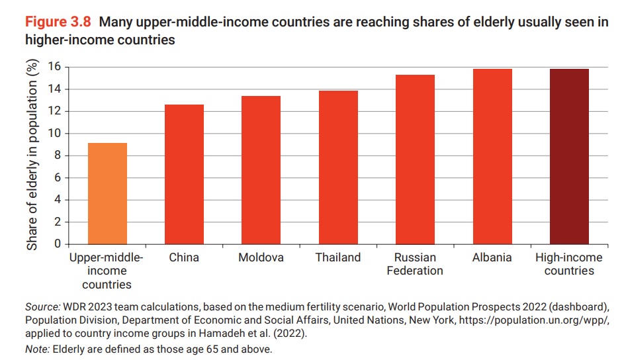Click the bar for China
(184, 175)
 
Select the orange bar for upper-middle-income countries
(107, 193)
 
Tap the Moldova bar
(261, 170)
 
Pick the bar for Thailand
(338, 167)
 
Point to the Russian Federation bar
(415, 159)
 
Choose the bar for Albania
(492, 157)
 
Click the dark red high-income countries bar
(568, 157)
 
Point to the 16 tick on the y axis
(54, 67)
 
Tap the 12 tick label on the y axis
(54, 111)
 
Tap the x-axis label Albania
(492, 257)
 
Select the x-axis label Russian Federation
(415, 264)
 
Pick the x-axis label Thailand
(338, 257)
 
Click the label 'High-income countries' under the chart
(568, 264)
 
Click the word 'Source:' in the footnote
(42, 308)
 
